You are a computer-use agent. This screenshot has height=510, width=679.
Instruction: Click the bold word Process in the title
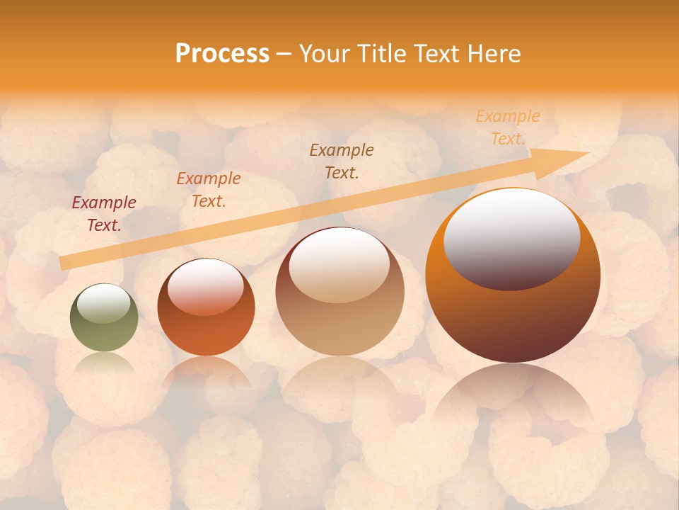click(222, 54)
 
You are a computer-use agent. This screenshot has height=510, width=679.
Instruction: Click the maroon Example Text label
click(104, 214)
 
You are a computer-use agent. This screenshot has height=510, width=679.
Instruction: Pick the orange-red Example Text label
click(209, 190)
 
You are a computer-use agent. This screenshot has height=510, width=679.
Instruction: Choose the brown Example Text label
click(342, 161)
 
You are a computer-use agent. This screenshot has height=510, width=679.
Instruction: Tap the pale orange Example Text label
click(507, 127)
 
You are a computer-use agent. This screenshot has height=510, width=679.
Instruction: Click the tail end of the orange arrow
click(62, 263)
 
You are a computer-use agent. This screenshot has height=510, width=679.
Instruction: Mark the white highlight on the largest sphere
click(511, 230)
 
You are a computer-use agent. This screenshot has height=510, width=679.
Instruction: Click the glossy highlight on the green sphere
click(104, 302)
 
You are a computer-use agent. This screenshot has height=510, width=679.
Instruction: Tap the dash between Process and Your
click(284, 54)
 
